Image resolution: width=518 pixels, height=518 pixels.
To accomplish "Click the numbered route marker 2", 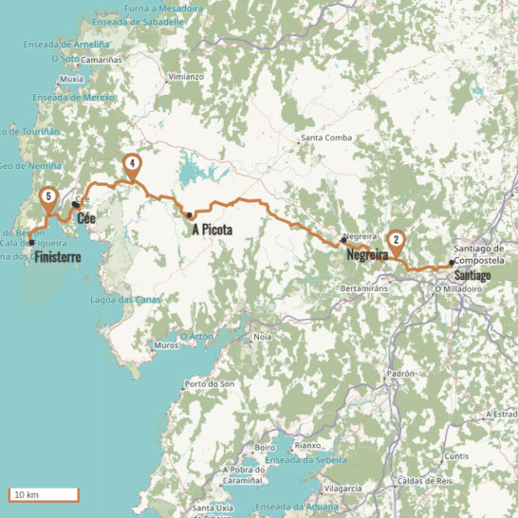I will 396,241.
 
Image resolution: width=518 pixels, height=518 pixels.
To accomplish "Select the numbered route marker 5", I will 47,198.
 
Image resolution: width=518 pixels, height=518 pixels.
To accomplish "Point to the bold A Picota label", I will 213,229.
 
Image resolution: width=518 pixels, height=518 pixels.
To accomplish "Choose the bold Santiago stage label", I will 472,274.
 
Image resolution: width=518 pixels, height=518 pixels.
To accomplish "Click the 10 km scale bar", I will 43,494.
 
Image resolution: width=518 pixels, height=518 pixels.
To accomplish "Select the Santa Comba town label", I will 326,139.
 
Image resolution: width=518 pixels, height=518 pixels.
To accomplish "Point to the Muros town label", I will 165,346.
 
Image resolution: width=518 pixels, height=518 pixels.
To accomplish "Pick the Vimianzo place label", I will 185,76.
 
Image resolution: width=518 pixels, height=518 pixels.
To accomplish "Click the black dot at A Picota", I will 190,214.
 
